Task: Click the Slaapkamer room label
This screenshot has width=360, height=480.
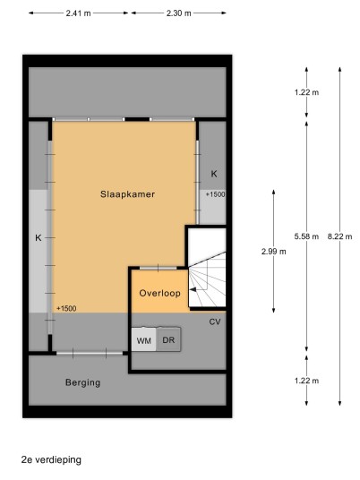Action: tap(127, 194)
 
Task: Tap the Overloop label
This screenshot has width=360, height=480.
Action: tap(159, 293)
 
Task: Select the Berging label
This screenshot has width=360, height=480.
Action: tap(82, 382)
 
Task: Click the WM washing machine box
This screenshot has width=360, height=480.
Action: tap(144, 339)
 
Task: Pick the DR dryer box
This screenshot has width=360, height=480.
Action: tap(168, 339)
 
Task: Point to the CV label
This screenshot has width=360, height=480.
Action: tap(215, 322)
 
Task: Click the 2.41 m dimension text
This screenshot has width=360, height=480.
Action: tap(79, 13)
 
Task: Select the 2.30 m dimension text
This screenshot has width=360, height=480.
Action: tap(179, 13)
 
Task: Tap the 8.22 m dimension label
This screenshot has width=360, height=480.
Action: tap(339, 236)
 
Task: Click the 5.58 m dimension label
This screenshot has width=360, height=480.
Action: tap(306, 236)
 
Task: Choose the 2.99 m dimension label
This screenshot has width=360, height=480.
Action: tap(274, 252)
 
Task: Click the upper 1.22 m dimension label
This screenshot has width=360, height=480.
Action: tap(306, 92)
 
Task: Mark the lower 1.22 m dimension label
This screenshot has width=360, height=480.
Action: tap(306, 381)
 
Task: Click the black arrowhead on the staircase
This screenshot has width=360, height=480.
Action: tap(193, 289)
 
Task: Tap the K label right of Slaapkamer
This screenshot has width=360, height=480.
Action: tap(214, 174)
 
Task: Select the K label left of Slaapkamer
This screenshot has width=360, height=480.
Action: tap(39, 238)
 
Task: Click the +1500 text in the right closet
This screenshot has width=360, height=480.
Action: tap(215, 194)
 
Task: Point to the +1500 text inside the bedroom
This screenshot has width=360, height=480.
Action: tap(66, 309)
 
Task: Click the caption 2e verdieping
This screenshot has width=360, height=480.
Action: tap(51, 459)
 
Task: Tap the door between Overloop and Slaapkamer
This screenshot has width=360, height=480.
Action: tap(159, 268)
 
